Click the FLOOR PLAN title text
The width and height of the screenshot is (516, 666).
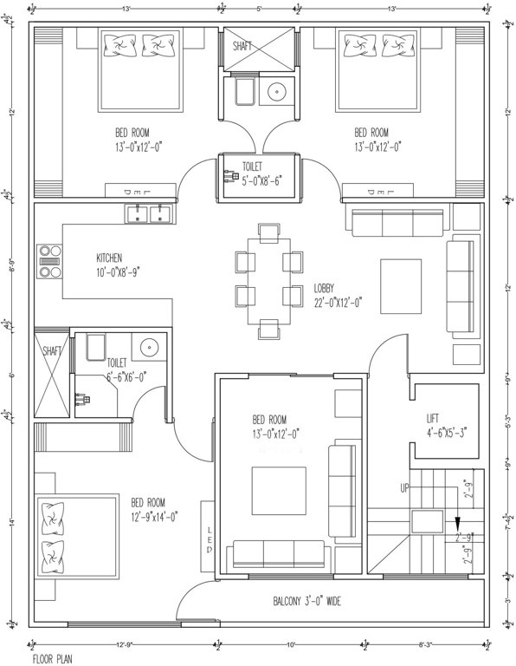pos(53,658)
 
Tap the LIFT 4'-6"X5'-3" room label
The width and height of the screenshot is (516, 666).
pos(441,424)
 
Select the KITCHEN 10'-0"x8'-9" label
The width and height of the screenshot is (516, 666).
pos(118,264)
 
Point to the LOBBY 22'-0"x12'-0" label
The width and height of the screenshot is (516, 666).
pos(337,295)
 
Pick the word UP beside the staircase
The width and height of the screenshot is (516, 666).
pos(404,489)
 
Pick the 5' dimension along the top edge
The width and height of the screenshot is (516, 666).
pos(259,9)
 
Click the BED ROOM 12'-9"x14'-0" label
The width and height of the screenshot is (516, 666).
pos(154,509)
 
